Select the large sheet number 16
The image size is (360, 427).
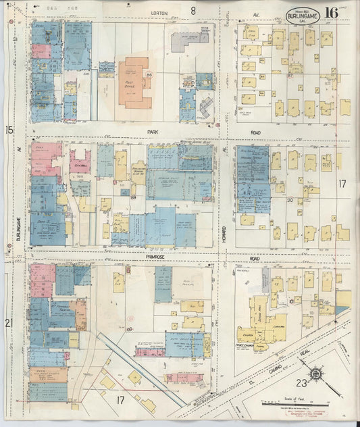tap(332, 13)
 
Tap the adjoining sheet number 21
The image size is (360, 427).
tap(9, 324)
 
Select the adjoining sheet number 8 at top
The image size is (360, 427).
tap(193, 10)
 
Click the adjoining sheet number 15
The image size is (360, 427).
tap(9, 129)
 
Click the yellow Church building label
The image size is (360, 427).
tap(247, 332)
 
